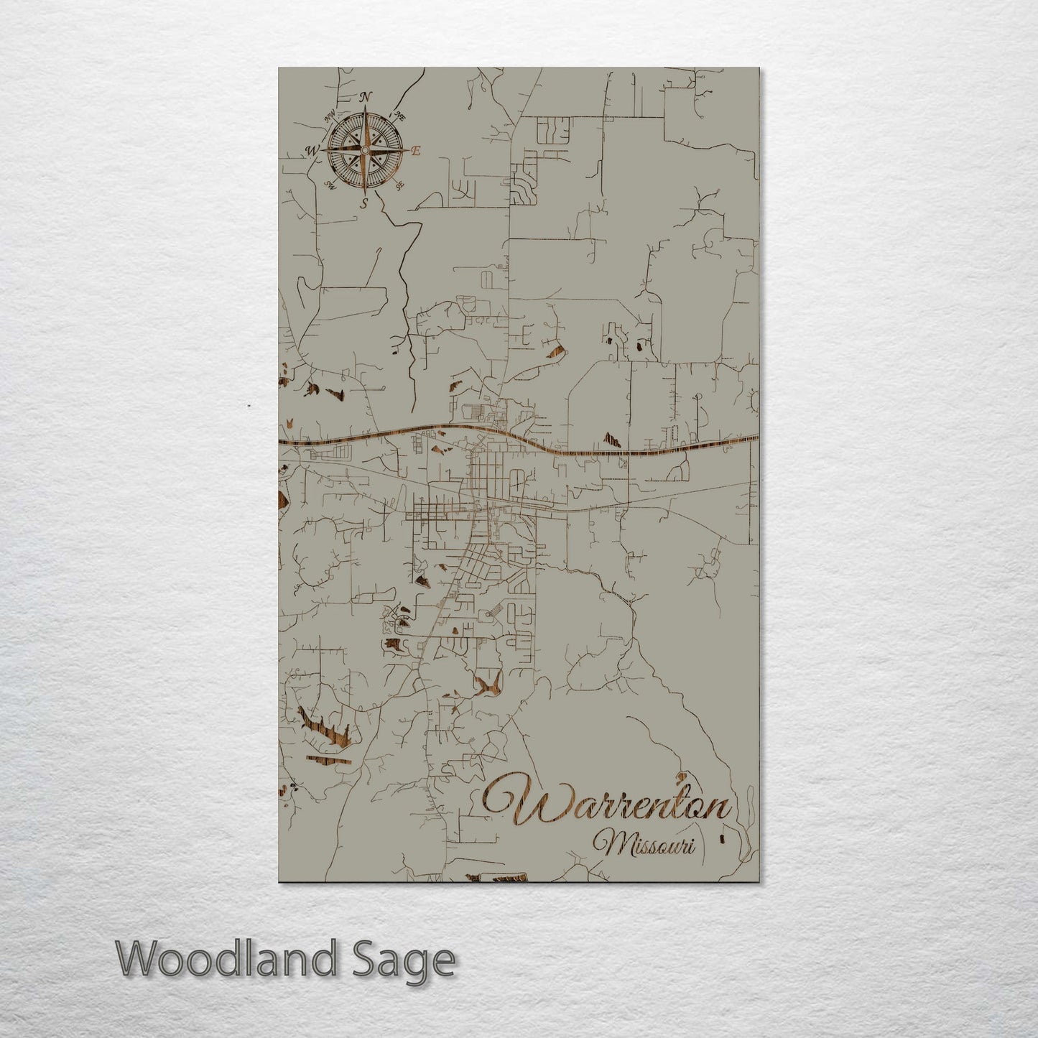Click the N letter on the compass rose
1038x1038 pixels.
coord(365,96)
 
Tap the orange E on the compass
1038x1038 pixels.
coord(414,151)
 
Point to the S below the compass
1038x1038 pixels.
coord(364,204)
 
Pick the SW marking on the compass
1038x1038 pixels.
coord(330,185)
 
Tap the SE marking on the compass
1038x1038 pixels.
coord(399,185)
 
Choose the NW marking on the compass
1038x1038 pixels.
coord(330,116)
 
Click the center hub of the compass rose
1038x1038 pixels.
coord(364,150)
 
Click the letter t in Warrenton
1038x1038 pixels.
coord(676,807)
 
